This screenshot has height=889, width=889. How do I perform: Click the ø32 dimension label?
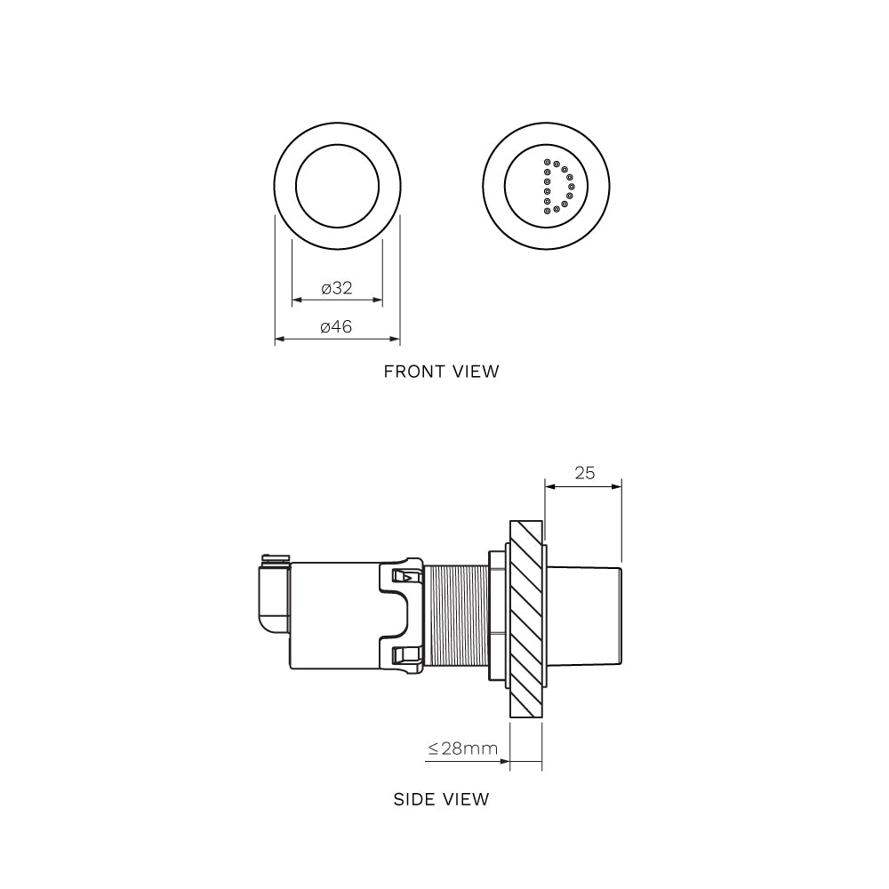(x=337, y=288)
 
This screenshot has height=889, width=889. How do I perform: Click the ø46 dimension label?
(x=337, y=327)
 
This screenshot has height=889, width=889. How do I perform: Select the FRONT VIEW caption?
(x=441, y=372)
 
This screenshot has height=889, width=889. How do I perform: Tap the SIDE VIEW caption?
(x=441, y=799)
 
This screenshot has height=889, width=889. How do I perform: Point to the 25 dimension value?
(x=584, y=473)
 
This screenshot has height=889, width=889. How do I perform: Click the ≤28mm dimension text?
(x=462, y=749)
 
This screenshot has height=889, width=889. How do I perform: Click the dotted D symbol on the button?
(x=556, y=187)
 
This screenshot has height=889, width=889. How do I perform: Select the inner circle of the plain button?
(x=337, y=187)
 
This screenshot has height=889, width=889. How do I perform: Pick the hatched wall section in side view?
(x=525, y=619)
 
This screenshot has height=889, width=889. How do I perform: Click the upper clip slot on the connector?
(x=404, y=576)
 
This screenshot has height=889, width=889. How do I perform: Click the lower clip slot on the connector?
(x=404, y=655)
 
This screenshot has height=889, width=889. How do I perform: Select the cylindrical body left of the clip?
(x=333, y=615)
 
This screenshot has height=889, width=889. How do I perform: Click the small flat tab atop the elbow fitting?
(x=275, y=558)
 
